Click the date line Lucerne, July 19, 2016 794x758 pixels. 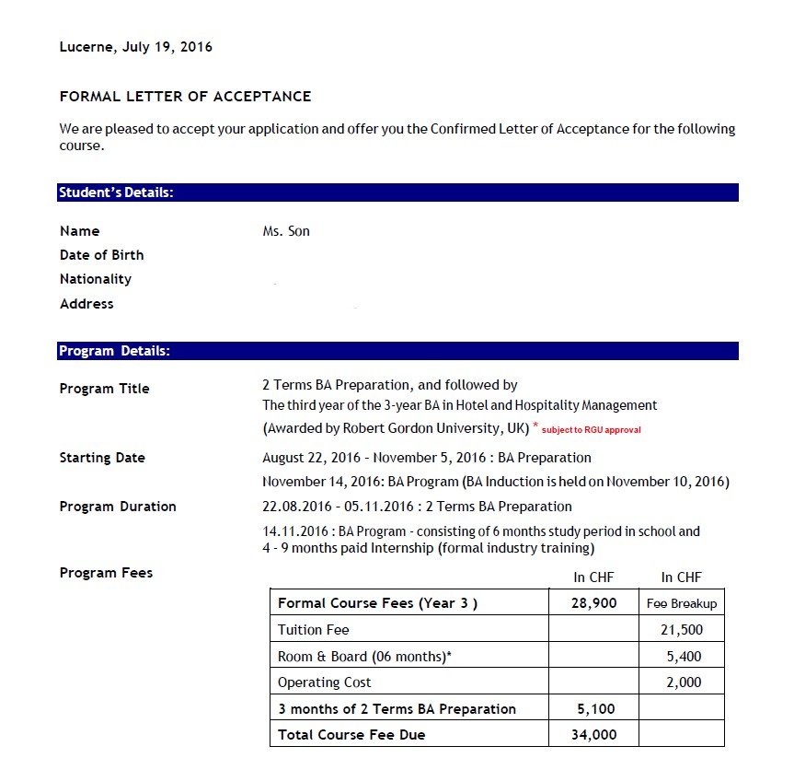point(135,47)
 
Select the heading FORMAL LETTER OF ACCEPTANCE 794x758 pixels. point(185,96)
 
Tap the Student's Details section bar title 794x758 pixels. point(116,192)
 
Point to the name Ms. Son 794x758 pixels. point(286,231)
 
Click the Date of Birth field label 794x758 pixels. point(101,255)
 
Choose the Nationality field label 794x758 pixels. point(96,279)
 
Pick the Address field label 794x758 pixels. point(86,304)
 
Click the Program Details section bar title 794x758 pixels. point(114,351)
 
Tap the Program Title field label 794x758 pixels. point(104,389)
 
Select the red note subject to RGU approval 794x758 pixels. point(592,430)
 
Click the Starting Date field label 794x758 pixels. point(102,458)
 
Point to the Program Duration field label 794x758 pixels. point(118,507)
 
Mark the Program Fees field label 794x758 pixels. point(106,573)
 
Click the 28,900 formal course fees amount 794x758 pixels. point(593,603)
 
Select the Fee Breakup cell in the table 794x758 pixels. point(681,604)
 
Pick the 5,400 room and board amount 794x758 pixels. point(684,657)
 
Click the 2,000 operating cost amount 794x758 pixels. point(684,682)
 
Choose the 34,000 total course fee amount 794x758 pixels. point(593,734)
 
